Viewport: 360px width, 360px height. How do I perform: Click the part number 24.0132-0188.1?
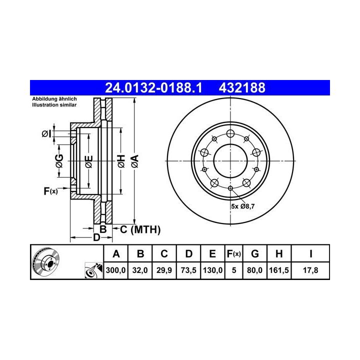153,88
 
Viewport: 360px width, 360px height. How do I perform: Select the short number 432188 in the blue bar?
242,88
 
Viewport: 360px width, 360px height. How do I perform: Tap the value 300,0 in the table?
115,270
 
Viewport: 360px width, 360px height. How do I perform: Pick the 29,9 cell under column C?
164,270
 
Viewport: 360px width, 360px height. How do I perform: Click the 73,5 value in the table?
188,270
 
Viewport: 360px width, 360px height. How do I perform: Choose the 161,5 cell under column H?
279,270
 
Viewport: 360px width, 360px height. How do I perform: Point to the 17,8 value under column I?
310,270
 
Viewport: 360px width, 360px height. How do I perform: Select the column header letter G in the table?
255,254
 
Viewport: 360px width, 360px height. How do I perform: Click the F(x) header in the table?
233,254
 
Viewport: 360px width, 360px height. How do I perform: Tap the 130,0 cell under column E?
212,270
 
